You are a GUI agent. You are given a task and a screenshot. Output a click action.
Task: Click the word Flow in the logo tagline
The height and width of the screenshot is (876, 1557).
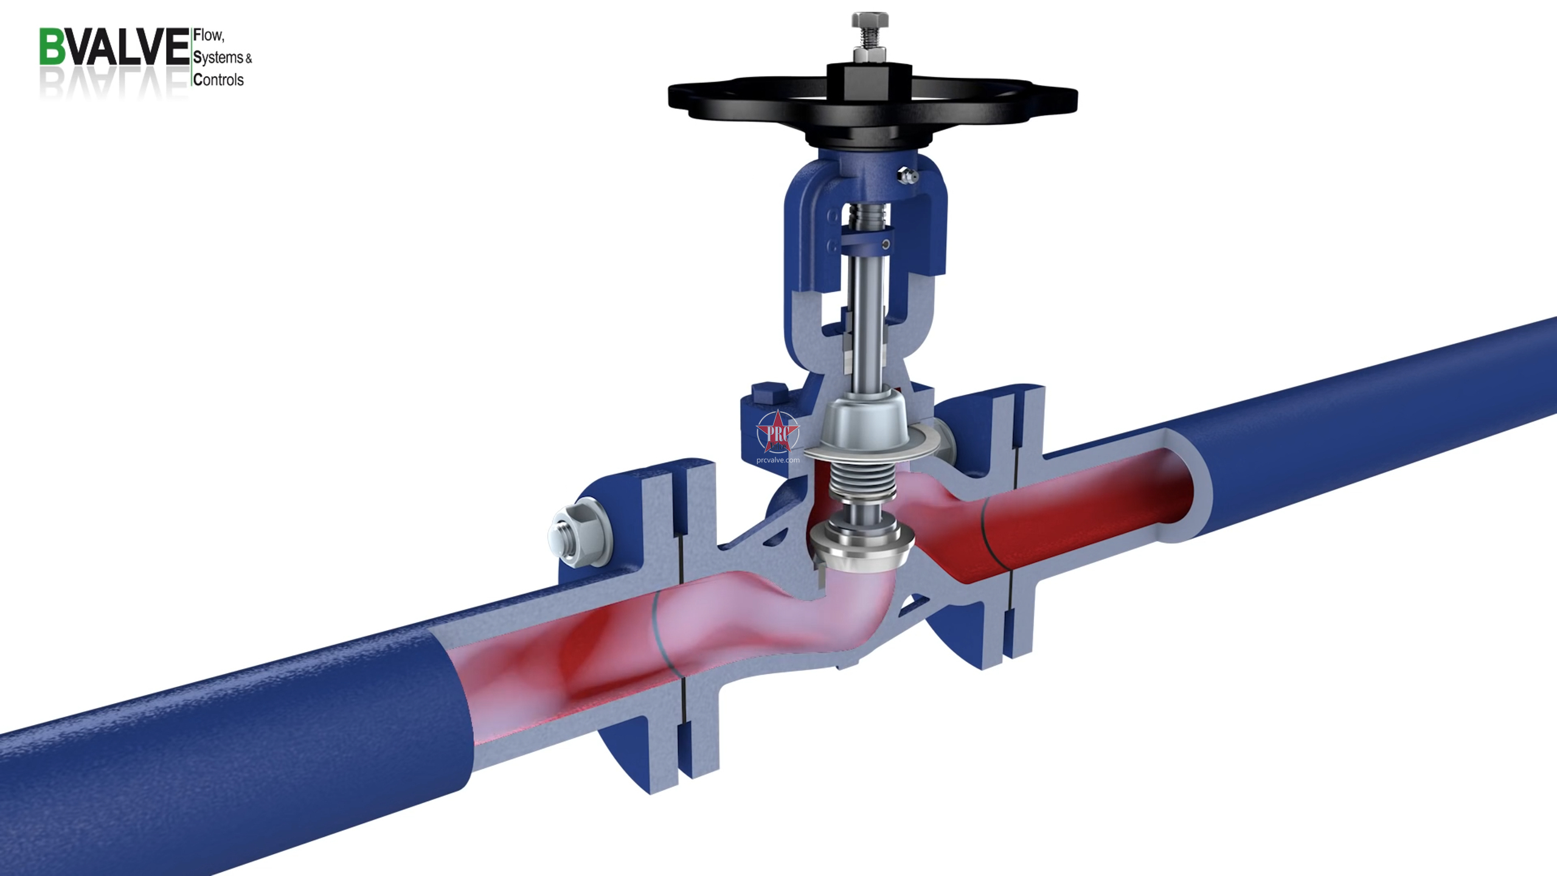[207, 36]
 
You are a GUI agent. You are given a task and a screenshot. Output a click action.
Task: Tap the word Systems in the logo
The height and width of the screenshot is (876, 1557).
[218, 58]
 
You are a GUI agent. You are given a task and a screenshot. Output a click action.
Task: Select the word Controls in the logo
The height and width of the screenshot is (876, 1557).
[218, 80]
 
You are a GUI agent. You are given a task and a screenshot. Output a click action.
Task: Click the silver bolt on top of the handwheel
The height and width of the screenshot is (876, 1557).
[870, 30]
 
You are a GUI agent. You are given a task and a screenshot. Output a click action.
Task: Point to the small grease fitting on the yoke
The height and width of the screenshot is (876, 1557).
[908, 176]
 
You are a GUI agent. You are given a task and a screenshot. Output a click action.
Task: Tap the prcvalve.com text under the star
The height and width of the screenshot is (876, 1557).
[777, 461]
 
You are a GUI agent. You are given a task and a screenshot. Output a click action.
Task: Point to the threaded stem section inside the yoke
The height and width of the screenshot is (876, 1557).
[866, 215]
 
